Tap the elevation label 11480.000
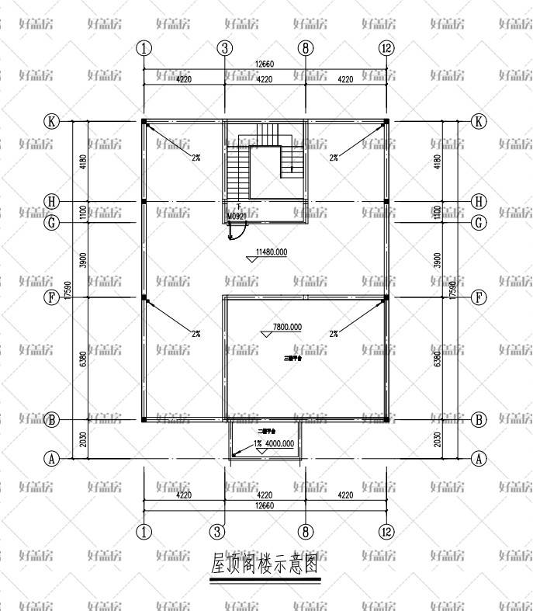point(272,252)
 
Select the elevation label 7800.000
point(287,327)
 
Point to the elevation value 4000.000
point(279,444)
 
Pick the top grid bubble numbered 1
point(144,48)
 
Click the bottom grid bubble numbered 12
point(386,532)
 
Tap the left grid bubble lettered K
point(52,122)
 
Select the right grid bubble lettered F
point(479,297)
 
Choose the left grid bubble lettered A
point(52,459)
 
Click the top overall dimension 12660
point(265,64)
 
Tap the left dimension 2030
point(82,439)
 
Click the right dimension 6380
point(437,358)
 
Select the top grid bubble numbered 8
point(306,48)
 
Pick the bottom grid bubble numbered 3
point(224,532)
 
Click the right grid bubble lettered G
point(479,223)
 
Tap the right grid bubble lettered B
point(479,420)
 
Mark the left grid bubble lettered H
point(52,202)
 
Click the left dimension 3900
point(82,260)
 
